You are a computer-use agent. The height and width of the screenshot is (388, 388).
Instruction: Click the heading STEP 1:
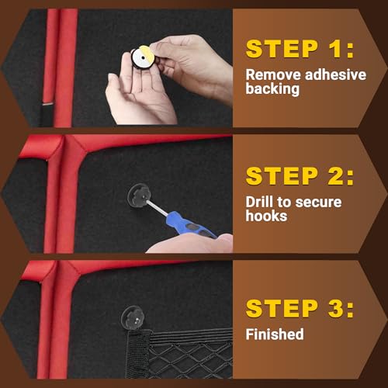300,49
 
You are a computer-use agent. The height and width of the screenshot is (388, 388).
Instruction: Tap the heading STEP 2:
300,176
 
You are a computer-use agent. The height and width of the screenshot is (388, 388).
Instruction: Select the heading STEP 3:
300,308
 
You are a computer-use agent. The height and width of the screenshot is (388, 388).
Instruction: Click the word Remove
273,75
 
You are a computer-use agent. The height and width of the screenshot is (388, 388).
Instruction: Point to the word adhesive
335,75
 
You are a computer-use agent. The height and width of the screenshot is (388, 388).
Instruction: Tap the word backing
272,89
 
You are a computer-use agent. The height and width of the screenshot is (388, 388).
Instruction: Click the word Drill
259,202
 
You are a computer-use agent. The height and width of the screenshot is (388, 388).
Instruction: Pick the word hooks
266,216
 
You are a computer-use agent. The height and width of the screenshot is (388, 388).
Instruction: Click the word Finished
275,334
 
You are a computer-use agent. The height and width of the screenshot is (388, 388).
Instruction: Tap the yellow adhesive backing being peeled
147,50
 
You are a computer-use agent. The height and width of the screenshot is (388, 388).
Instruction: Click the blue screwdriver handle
190,224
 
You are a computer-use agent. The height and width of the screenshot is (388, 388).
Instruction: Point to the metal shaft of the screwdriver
157,207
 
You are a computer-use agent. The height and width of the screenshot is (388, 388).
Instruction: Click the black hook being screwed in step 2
139,196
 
